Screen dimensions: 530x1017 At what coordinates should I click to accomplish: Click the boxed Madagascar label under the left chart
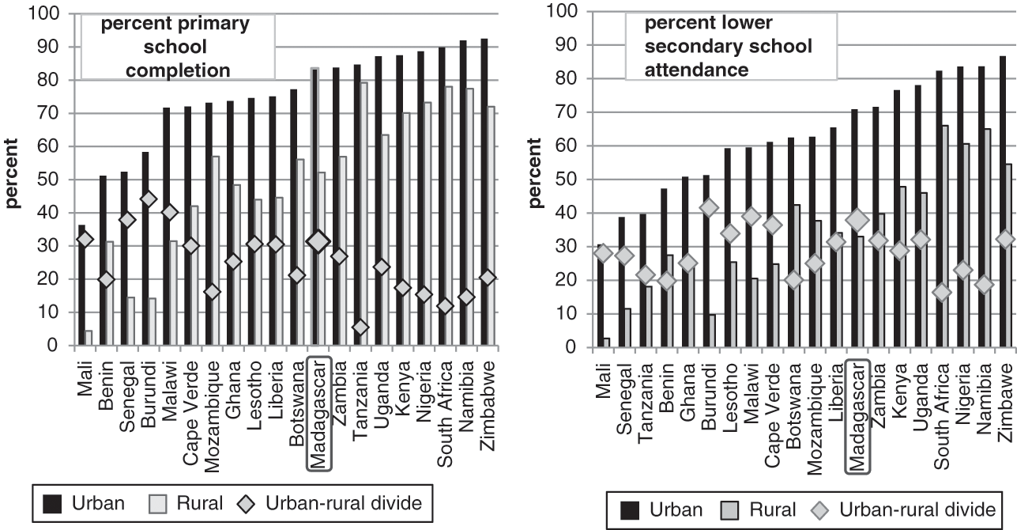point(318,404)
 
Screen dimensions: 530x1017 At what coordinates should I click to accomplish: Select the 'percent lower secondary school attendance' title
point(718,47)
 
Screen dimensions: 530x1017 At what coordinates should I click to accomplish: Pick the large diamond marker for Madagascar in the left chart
point(318,242)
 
